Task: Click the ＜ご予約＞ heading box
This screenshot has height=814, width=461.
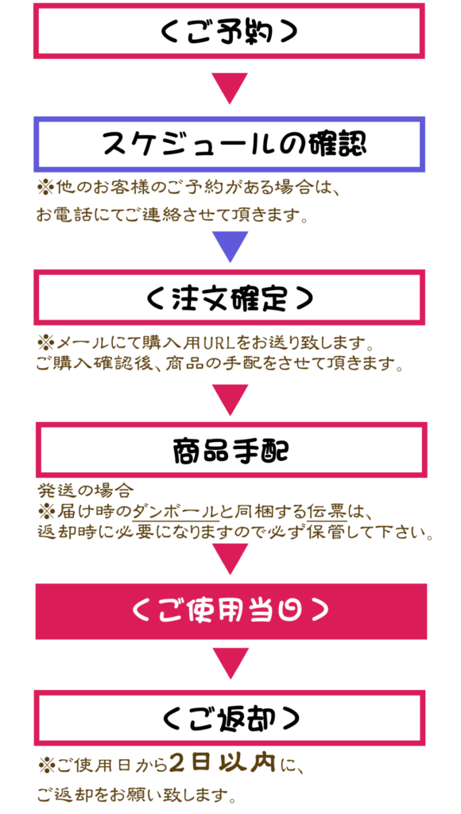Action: pos(229,31)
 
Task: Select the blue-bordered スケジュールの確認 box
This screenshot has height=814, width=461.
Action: pos(229,145)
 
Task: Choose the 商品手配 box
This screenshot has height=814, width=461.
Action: pos(231,450)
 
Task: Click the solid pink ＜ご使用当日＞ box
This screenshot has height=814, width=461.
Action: pos(231,611)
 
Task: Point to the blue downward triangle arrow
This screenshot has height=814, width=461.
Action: pos(230,247)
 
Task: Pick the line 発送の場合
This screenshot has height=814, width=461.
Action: pos(86,490)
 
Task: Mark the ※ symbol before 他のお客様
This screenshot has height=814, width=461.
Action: pos(45,187)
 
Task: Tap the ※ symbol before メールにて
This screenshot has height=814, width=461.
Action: pos(45,343)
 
